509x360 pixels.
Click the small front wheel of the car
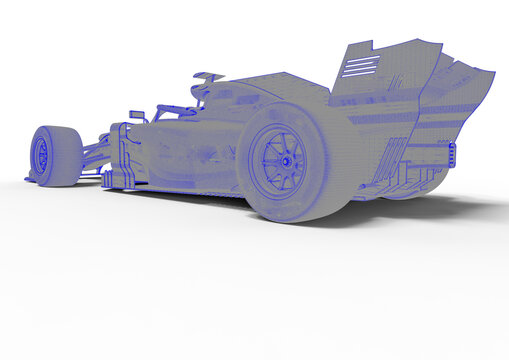pos(54,155)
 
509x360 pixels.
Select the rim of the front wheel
pos(41,154)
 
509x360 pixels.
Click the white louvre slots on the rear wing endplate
pos(360,66)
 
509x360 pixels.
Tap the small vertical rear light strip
pos(452,154)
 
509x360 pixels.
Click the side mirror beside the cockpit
pos(137,115)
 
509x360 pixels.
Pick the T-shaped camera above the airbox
pos(209,76)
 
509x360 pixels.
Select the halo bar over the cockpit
pos(175,108)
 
